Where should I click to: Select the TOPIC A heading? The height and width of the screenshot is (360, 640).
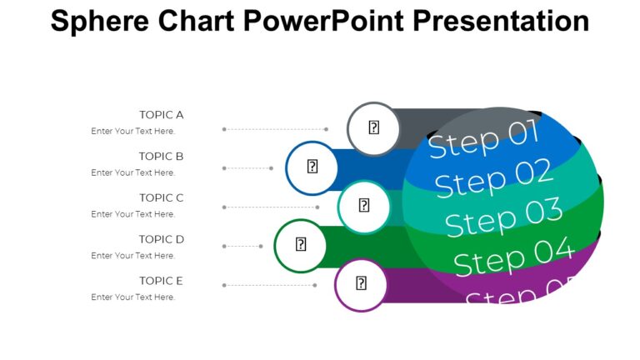tap(161, 115)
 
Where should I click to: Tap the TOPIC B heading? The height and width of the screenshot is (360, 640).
tap(161, 156)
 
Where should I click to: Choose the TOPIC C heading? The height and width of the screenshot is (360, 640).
tap(161, 197)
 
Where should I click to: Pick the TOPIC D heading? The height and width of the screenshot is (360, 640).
tap(161, 239)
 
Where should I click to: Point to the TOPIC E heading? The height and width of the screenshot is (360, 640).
tap(161, 281)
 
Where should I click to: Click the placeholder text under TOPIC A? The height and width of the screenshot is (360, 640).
tap(133, 131)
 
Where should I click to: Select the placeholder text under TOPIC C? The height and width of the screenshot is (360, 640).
tap(133, 214)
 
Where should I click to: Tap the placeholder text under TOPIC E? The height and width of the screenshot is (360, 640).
tap(133, 297)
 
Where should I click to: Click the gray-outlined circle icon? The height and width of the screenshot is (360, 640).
tap(374, 128)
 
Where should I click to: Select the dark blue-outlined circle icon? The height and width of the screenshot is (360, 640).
tap(312, 167)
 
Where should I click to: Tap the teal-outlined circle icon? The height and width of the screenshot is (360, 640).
tap(364, 206)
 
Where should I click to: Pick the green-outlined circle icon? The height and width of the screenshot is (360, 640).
tap(301, 245)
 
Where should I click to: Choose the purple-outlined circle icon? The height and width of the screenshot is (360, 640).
tap(361, 284)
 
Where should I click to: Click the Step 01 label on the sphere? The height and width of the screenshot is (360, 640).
tap(483, 138)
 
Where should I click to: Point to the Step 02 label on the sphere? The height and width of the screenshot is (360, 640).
tap(493, 178)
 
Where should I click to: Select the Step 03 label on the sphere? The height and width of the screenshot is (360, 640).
tap(503, 218)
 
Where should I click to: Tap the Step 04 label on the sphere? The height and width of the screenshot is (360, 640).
tap(513, 256)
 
